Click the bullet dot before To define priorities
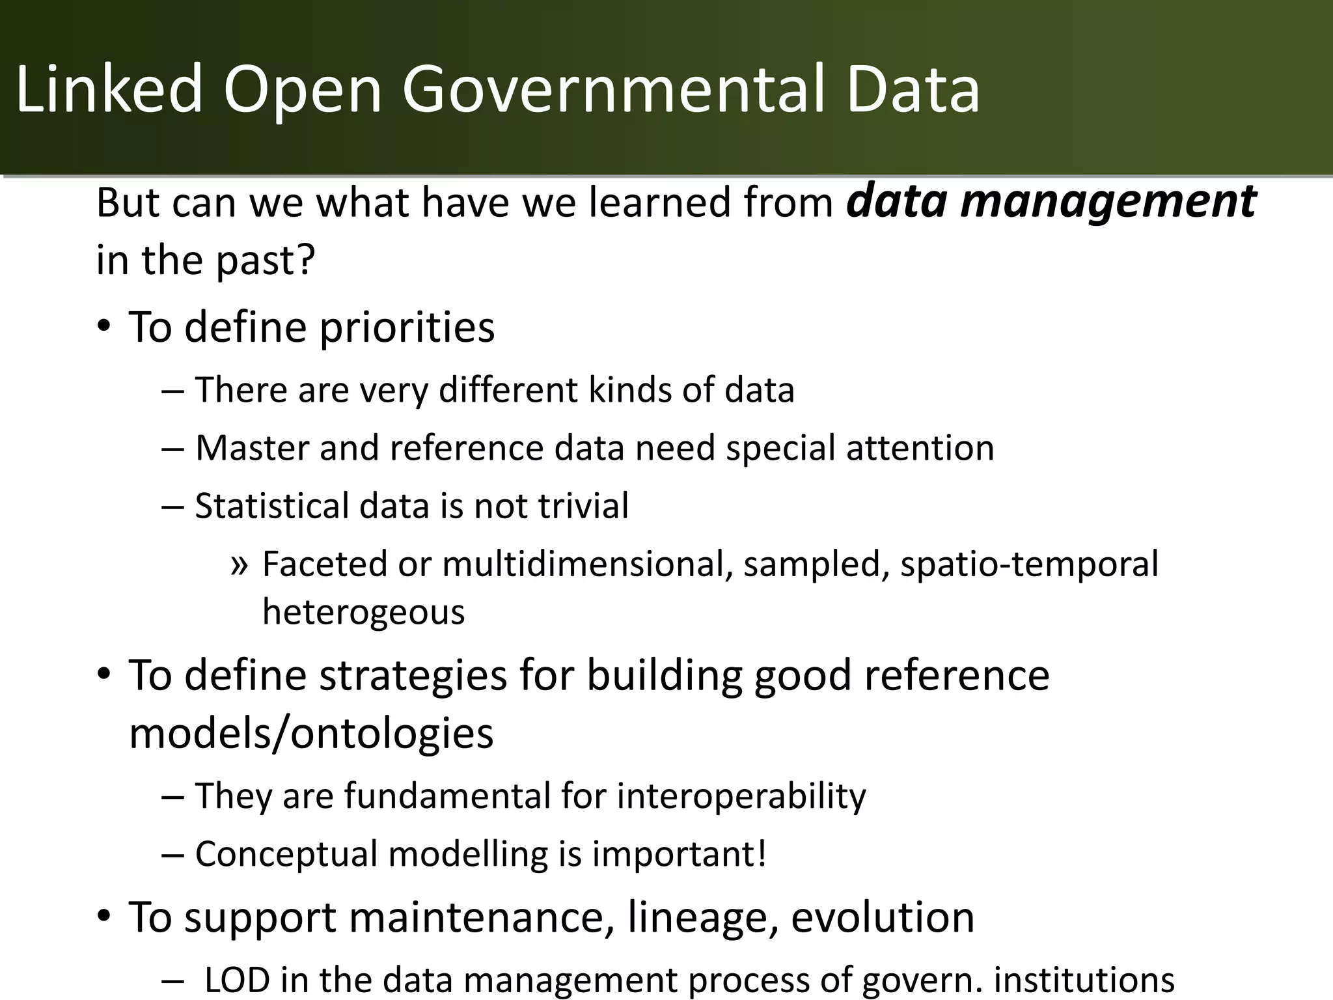104,327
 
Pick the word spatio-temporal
1029,564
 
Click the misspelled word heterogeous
363,613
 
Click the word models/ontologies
311,733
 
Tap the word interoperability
741,796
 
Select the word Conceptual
286,854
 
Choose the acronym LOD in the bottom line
237,979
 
